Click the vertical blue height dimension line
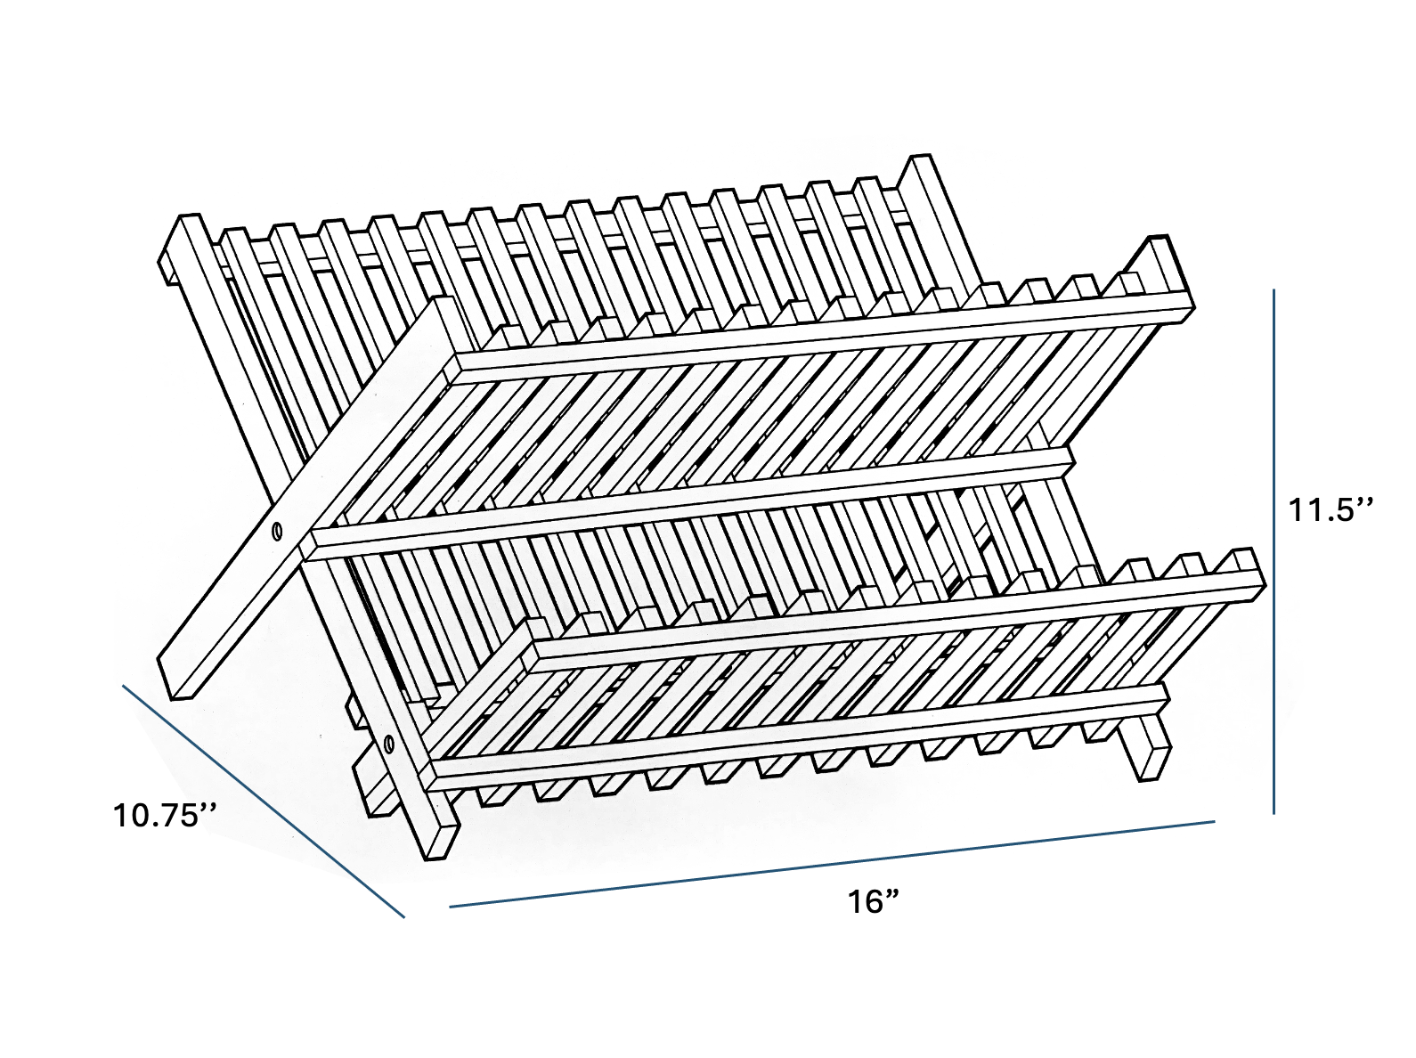click(x=1274, y=552)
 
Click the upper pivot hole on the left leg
click(x=277, y=532)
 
